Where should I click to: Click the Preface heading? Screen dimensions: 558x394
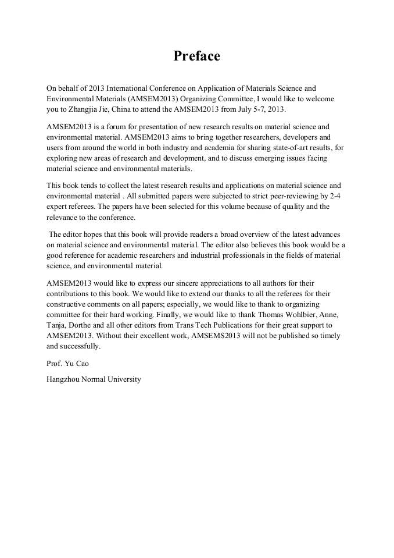(x=196, y=56)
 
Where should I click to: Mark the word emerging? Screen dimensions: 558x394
(x=270, y=158)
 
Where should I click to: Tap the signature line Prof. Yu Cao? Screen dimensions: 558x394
(x=68, y=364)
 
